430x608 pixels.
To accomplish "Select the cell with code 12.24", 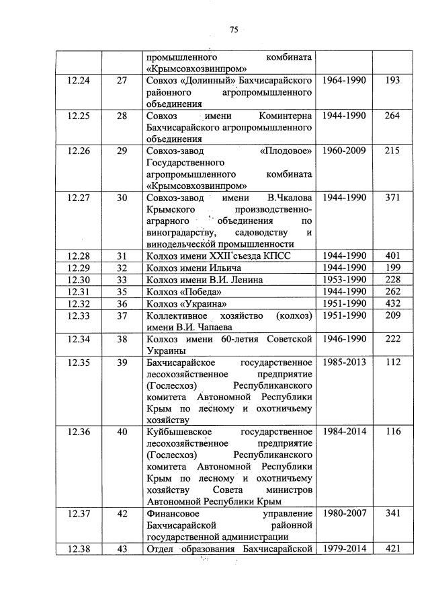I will point(79,81).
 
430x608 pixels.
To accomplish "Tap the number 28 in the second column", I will point(122,116).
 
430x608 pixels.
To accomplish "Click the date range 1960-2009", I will point(344,151).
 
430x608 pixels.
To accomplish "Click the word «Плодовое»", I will point(286,151).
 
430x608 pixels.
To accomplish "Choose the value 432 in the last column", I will point(393,303).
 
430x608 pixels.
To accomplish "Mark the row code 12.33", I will point(79,315).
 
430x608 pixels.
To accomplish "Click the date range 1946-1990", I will point(344,338).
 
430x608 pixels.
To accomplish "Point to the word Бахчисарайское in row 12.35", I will point(179,363).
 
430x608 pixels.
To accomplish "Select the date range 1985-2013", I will point(344,363).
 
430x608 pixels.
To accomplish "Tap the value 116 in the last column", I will point(393,432).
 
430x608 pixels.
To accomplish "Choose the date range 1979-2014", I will point(344,549).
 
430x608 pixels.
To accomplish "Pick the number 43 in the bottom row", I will point(122,549).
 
